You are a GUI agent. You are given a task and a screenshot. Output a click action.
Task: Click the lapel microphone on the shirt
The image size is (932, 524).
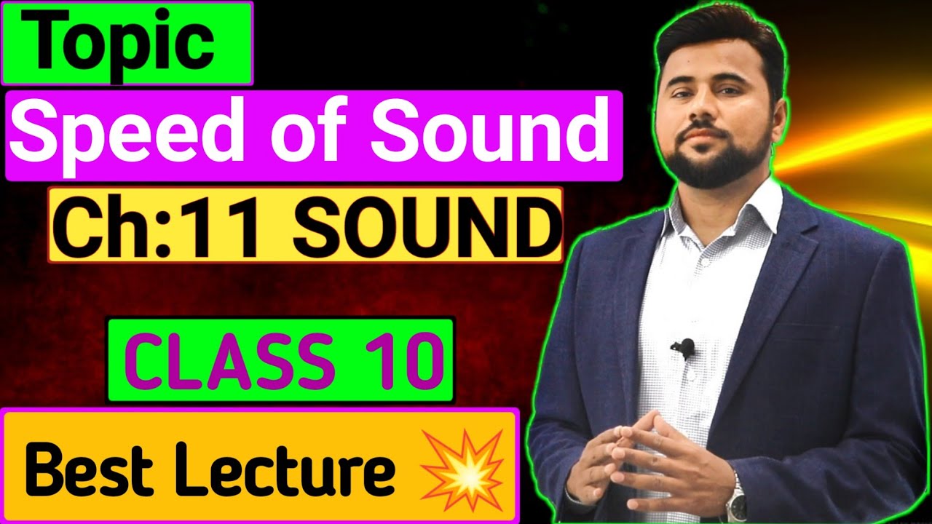[684, 348]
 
